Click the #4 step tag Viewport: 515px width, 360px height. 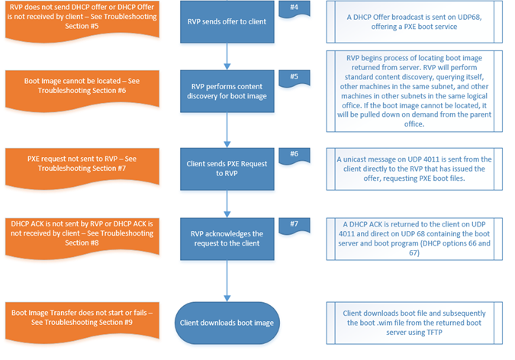click(295, 8)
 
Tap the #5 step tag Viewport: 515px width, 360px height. click(295, 78)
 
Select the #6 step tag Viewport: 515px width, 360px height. click(295, 156)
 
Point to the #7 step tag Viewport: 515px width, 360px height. click(295, 225)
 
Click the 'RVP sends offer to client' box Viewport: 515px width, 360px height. click(227, 21)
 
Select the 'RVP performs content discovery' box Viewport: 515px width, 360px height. click(227, 91)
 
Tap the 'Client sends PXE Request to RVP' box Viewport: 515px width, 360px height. click(227, 169)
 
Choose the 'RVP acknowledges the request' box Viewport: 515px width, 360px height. click(227, 239)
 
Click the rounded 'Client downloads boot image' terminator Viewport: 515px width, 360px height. click(227, 323)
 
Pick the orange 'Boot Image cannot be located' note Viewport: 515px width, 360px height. click(82, 88)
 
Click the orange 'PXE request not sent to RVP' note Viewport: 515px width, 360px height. click(82, 166)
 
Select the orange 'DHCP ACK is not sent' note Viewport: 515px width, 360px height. click(82, 236)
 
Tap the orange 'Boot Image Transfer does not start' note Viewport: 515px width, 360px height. click(82, 320)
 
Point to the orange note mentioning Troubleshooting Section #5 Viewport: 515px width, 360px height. click(82, 20)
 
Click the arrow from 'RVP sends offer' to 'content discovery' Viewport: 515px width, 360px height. click(227, 56)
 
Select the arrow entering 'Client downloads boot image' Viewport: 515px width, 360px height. click(227, 281)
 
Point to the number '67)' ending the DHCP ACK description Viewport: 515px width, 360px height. click(414, 253)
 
